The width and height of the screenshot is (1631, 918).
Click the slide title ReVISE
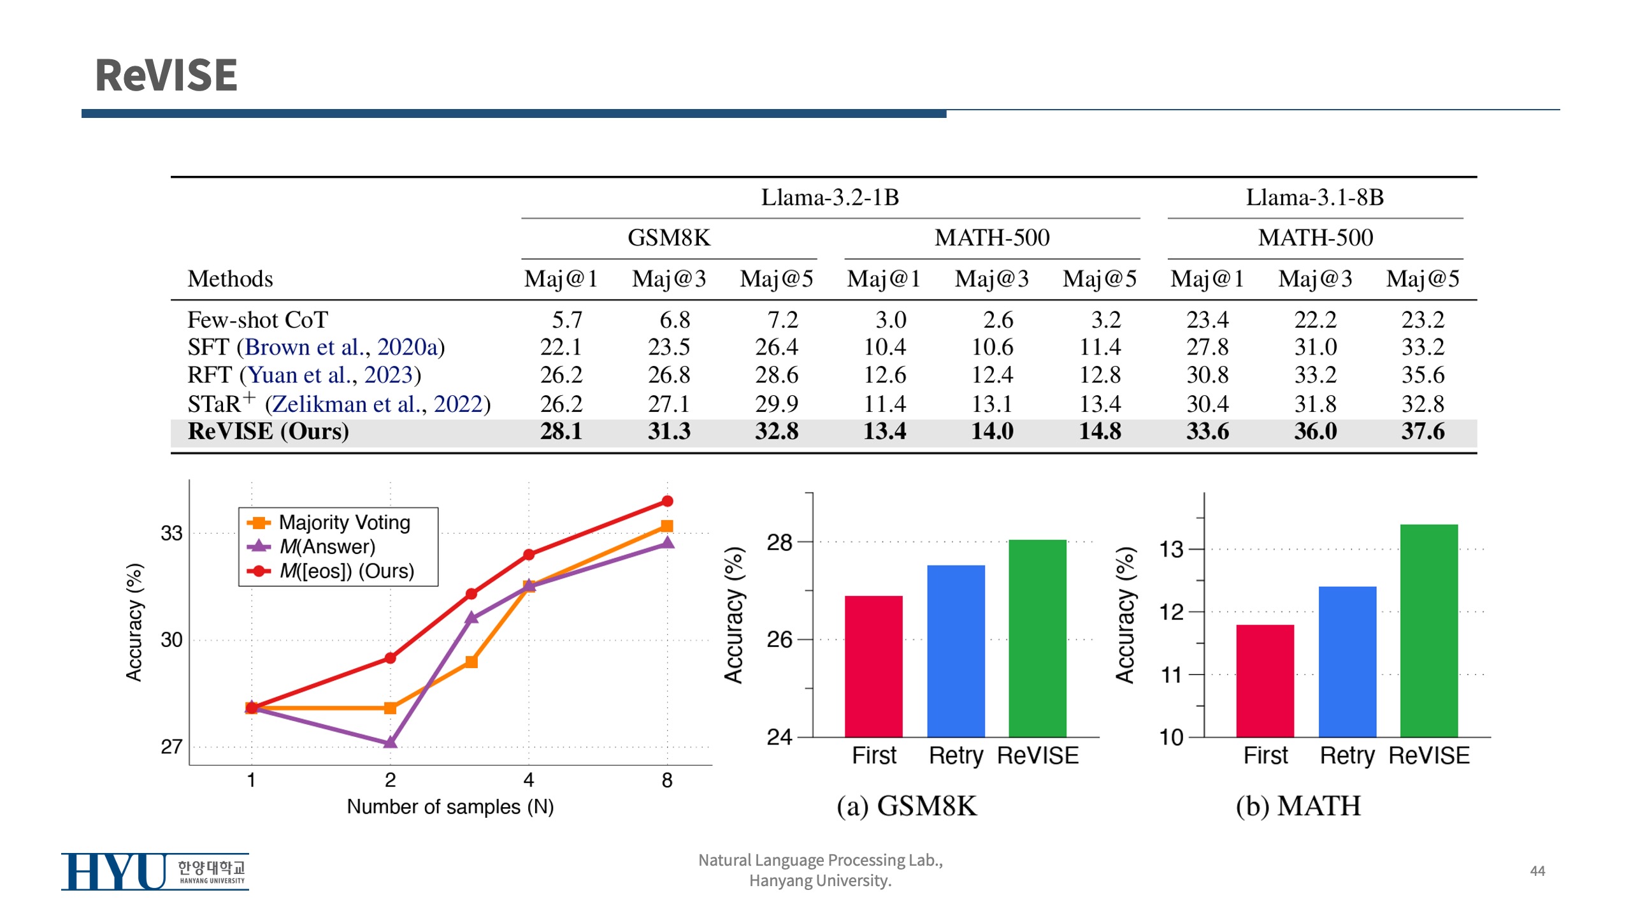(x=166, y=75)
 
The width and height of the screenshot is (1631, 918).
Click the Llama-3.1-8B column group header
(x=1314, y=198)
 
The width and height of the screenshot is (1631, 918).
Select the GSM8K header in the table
(x=668, y=238)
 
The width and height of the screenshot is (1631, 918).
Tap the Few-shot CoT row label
(x=257, y=319)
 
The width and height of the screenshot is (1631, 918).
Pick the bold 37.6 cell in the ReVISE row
(x=1422, y=432)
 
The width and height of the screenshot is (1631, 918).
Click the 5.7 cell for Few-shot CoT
(x=566, y=319)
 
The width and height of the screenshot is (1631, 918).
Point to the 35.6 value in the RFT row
(x=1422, y=375)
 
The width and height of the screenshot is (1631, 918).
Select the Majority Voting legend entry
(x=344, y=523)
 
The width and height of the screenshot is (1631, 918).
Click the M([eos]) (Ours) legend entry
(x=347, y=571)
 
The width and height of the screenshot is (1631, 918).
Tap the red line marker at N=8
(x=667, y=501)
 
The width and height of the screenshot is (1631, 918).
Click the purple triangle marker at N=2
(x=390, y=742)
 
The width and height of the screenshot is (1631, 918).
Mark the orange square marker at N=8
(x=667, y=526)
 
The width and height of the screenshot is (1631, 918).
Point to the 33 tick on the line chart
(x=171, y=533)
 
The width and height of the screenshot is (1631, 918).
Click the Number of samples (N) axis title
(x=450, y=807)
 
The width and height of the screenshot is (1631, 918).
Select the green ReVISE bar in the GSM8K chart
(x=1037, y=637)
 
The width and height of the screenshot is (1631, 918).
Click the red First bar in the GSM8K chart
(x=873, y=666)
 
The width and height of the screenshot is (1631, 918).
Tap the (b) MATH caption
(x=1298, y=806)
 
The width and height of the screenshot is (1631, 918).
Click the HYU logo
(x=155, y=871)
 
